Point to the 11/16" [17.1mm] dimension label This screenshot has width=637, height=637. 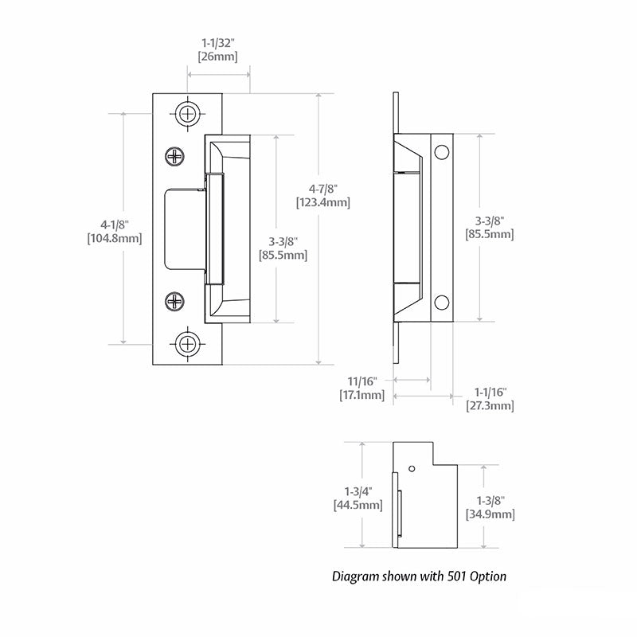pos(362,389)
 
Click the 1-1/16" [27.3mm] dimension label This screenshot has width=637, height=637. pos(490,399)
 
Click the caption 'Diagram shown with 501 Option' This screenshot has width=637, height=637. pos(419,576)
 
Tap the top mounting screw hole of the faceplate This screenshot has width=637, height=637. pos(188,113)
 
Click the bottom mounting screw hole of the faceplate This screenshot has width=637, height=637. pos(188,344)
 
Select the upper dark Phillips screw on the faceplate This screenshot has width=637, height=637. pos(175,157)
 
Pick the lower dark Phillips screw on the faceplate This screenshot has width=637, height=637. pos(175,301)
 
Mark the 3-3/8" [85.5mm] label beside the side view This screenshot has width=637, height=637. pos(489,228)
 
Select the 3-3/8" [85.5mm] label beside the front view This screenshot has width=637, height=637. pos(283,248)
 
